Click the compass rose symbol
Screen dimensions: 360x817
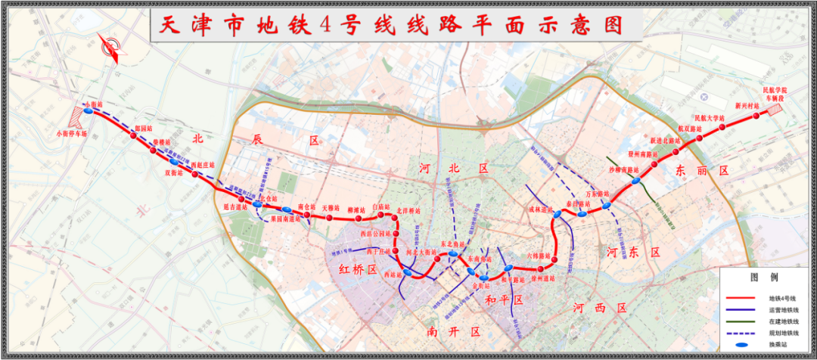[112, 49]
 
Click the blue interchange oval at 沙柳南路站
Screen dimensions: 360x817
[636, 180]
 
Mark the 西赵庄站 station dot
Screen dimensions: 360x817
[195, 175]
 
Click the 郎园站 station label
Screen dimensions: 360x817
[133, 129]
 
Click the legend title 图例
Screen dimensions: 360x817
[760, 278]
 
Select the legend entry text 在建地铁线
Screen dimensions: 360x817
[782, 321]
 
